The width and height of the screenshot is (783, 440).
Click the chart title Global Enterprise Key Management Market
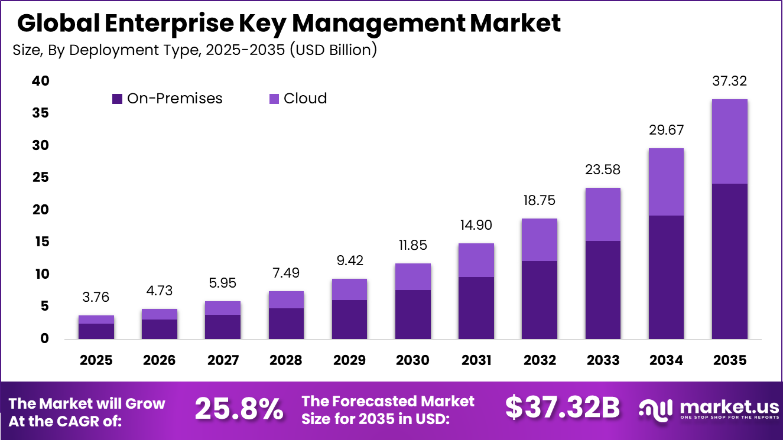point(288,24)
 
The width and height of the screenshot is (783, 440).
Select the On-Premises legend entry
point(167,99)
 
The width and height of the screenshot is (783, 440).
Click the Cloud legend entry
point(298,99)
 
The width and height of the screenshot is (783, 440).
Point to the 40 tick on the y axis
point(41,81)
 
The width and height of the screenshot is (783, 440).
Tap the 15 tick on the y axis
point(41,242)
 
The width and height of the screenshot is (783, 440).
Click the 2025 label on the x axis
point(96,360)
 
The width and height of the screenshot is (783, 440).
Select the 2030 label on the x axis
point(412,360)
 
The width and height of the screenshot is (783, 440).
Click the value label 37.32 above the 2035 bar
point(729,81)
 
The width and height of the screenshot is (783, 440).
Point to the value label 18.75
point(540,200)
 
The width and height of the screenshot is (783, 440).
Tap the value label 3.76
point(96,297)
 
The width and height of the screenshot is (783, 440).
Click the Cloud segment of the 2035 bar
point(729,142)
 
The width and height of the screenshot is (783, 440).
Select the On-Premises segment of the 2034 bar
point(666,277)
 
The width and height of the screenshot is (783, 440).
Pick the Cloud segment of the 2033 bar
point(603,214)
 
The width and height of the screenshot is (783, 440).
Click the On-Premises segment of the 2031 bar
point(476,308)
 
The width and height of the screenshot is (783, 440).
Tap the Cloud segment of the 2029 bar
point(349,289)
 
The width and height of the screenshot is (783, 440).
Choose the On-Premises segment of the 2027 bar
point(223,327)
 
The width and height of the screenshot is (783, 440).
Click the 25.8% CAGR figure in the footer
point(239,409)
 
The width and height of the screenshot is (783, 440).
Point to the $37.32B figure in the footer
point(563,408)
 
